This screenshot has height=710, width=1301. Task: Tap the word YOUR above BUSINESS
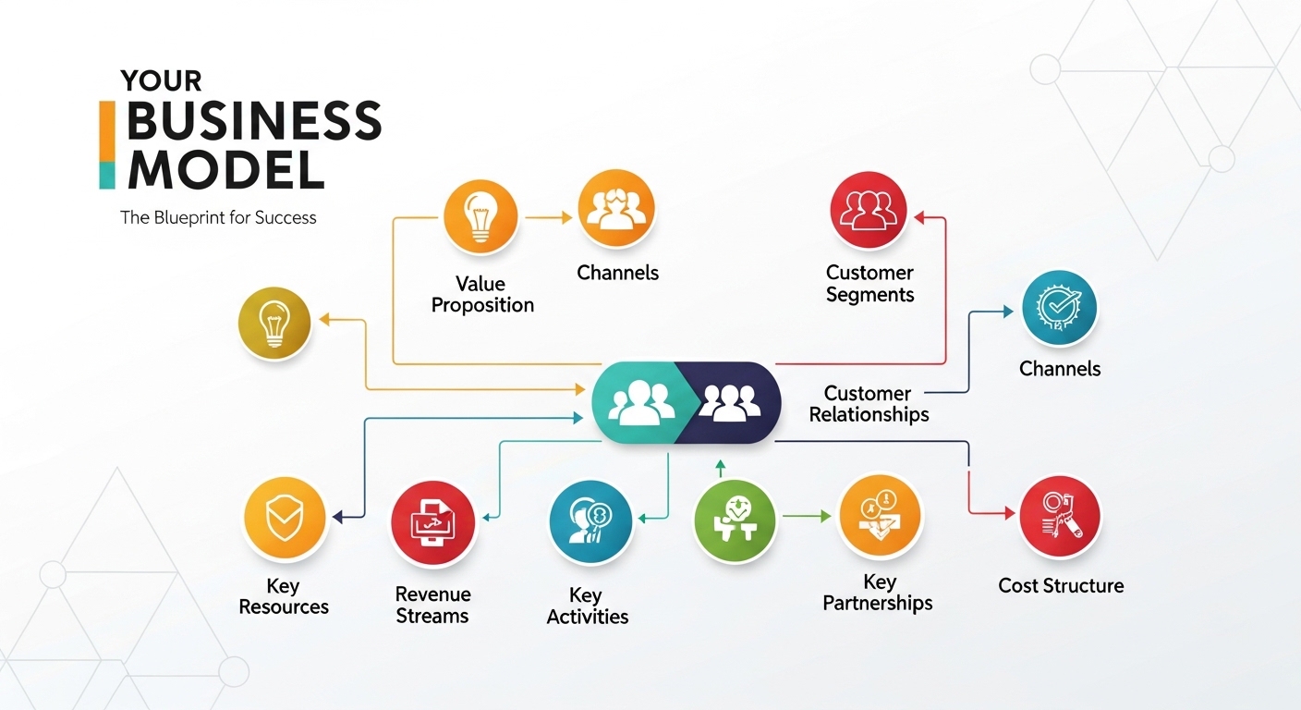click(161, 81)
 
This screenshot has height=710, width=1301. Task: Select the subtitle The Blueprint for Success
click(218, 218)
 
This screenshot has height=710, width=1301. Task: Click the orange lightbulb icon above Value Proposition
click(481, 218)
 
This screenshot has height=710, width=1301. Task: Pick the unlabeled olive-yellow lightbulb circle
click(274, 324)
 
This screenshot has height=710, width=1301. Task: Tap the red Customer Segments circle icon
click(869, 211)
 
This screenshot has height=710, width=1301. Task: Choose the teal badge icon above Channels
click(1059, 309)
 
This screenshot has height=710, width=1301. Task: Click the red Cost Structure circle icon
click(1060, 516)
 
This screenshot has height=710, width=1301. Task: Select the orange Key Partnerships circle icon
click(879, 516)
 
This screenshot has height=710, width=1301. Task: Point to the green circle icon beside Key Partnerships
click(735, 520)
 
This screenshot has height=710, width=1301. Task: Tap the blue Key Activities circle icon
click(590, 521)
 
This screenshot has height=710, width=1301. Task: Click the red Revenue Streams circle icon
click(432, 523)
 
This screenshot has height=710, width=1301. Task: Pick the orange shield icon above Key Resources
click(285, 519)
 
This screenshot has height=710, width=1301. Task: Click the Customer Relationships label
click(869, 404)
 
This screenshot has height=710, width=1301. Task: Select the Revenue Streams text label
click(432, 605)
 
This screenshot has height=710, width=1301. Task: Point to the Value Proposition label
click(482, 294)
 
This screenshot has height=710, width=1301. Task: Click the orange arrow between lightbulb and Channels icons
click(549, 218)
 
